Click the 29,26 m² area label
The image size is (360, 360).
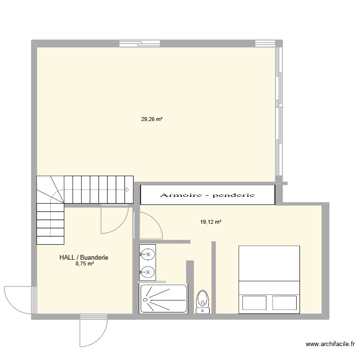[x=152, y=120]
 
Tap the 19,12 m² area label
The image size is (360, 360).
[x=210, y=222]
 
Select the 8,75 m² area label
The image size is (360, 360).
[x=84, y=264]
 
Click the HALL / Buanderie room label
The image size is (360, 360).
[x=84, y=257]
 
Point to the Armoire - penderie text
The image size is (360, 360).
[x=207, y=195]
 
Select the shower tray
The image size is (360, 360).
[x=163, y=299]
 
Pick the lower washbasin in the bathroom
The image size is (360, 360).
[x=148, y=272]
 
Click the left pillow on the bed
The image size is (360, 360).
[x=254, y=303]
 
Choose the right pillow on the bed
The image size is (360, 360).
[x=284, y=303]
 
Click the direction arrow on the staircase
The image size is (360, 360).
[x=128, y=190]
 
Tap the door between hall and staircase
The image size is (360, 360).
[x=114, y=219]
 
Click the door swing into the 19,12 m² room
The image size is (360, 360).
[x=150, y=226]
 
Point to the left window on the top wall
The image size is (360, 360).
[x=132, y=43]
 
